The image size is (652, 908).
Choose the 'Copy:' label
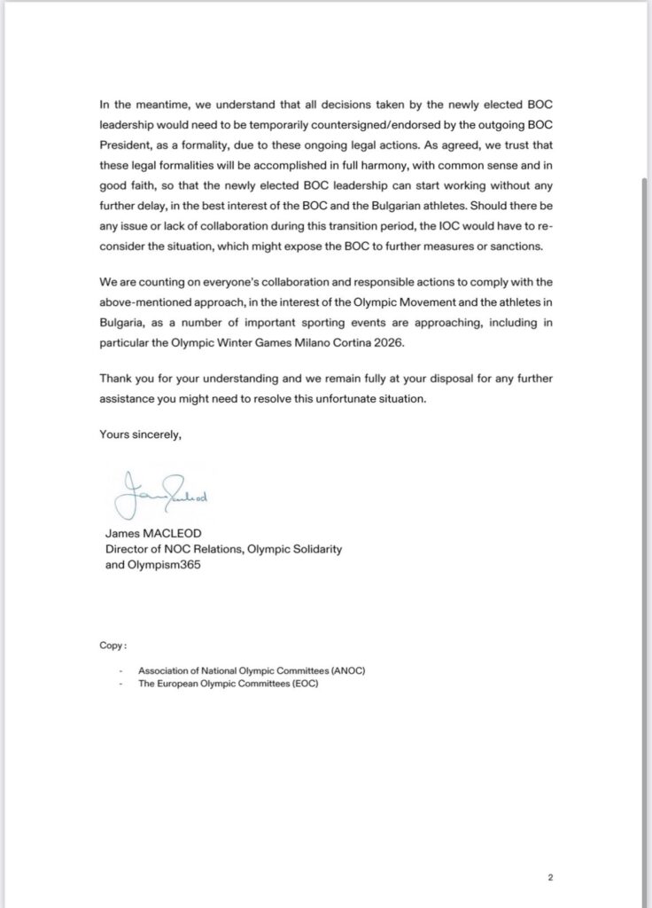[113, 646]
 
